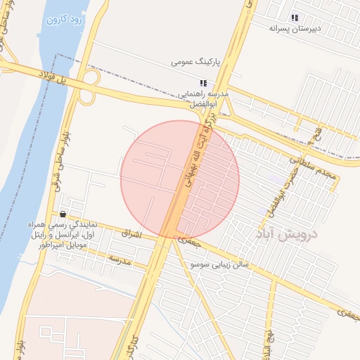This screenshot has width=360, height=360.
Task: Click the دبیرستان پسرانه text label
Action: coord(295,29)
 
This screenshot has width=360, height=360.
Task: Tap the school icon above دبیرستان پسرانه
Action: coord(295,18)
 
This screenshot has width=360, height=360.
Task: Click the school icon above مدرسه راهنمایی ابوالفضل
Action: coord(203,83)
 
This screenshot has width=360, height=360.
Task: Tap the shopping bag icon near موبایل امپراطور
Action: coord(63,214)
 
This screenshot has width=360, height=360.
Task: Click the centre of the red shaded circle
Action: coord(180,180)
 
